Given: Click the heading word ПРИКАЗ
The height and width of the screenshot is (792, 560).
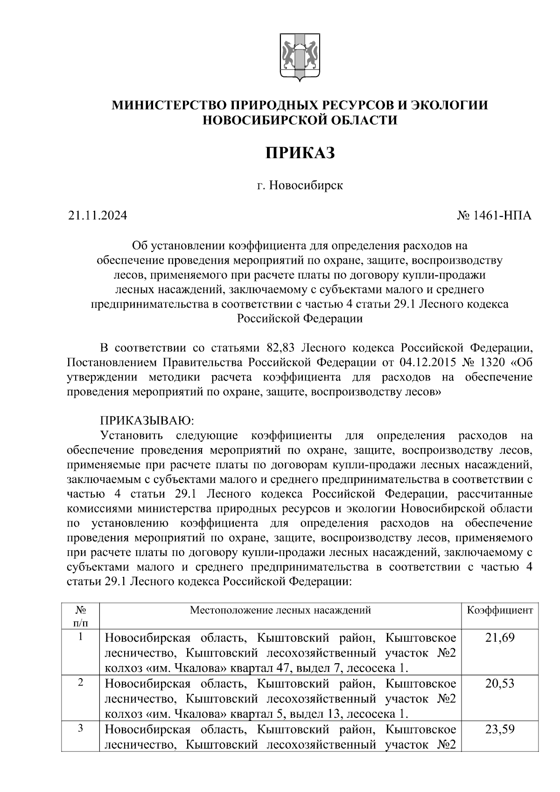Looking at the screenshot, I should [x=300, y=153].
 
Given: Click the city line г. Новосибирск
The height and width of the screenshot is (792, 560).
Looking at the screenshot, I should [x=300, y=185].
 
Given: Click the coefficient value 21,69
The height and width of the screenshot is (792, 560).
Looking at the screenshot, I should [x=499, y=638].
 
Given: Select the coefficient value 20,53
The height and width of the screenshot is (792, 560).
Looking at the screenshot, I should [x=499, y=683].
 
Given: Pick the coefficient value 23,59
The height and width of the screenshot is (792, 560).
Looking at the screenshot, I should [x=499, y=729].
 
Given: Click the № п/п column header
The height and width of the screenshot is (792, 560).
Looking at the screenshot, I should [x=80, y=616].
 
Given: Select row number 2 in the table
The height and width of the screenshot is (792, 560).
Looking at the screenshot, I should [x=80, y=683].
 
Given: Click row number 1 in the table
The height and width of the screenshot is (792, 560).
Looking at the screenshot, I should [x=80, y=637].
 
